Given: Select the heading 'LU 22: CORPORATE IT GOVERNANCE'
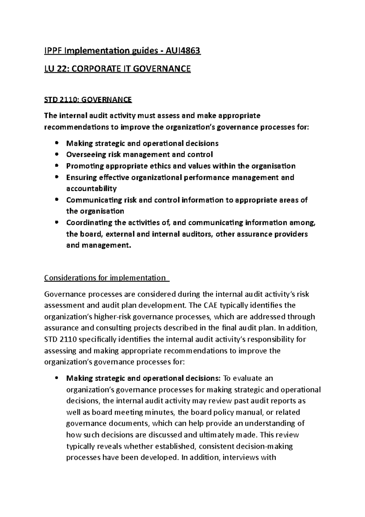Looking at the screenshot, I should pyautogui.click(x=117, y=69).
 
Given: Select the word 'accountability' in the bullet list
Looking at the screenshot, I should pyautogui.click(x=91, y=188).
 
